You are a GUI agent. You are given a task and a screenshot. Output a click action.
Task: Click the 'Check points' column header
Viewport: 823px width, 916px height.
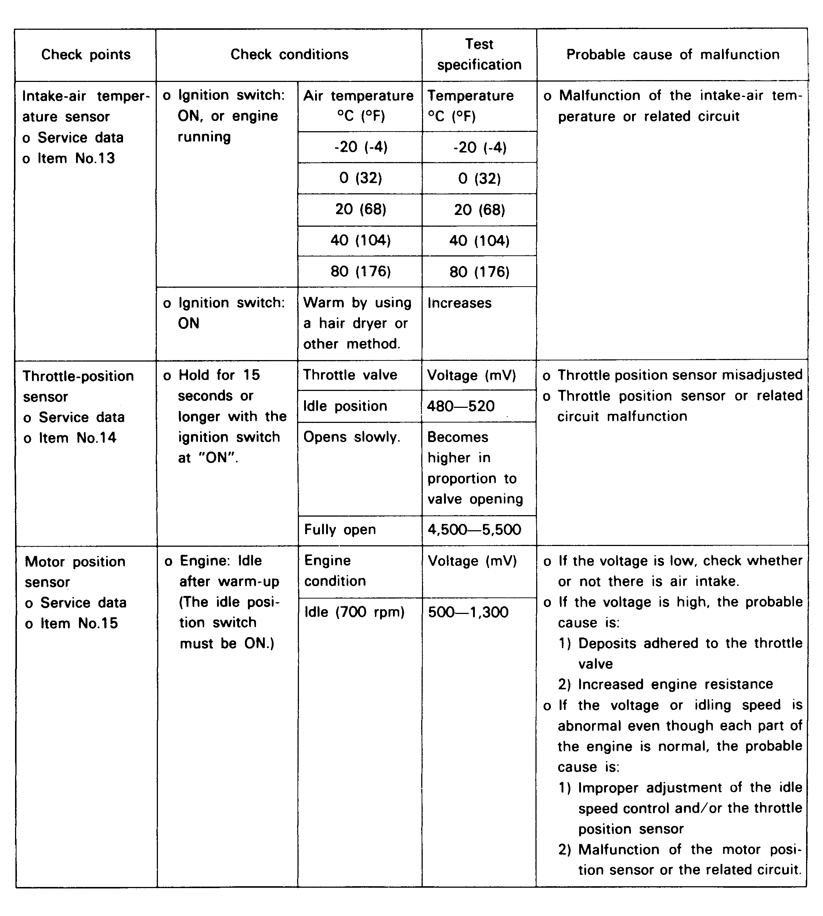pyautogui.click(x=86, y=55)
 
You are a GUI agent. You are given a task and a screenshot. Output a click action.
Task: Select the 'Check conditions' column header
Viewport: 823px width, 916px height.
pyautogui.click(x=289, y=55)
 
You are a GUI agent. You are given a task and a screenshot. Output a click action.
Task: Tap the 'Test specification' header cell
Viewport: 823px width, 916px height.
pyautogui.click(x=479, y=55)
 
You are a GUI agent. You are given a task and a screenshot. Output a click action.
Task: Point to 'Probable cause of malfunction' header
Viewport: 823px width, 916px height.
pyautogui.click(x=672, y=55)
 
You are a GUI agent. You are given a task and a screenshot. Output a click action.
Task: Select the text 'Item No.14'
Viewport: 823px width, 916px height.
pyautogui.click(x=77, y=438)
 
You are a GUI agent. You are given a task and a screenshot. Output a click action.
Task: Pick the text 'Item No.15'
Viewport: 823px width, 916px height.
pyautogui.click(x=79, y=623)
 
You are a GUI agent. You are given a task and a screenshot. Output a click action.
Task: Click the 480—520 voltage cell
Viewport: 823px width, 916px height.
pyautogui.click(x=461, y=406)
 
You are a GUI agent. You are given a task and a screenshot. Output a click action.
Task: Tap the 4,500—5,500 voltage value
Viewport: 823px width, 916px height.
pyautogui.click(x=474, y=530)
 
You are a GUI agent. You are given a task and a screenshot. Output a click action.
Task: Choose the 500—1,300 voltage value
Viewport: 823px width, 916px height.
pyautogui.click(x=468, y=613)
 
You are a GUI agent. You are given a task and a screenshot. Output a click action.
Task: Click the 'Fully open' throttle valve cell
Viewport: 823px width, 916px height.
pyautogui.click(x=340, y=530)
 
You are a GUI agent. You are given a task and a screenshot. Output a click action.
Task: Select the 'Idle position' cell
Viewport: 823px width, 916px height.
pyautogui.click(x=345, y=406)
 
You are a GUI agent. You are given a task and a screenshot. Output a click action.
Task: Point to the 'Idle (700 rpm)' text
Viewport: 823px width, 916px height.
pyautogui.click(x=354, y=613)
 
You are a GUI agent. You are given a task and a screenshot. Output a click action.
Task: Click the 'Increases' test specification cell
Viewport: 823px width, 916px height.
pyautogui.click(x=459, y=303)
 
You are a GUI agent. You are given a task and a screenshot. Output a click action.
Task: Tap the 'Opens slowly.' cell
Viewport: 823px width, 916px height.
pyautogui.click(x=351, y=437)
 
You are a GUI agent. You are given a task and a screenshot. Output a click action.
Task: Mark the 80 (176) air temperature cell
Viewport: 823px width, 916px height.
pyautogui.click(x=360, y=272)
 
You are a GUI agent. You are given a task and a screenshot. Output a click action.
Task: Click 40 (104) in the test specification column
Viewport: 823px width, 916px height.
pyautogui.click(x=479, y=241)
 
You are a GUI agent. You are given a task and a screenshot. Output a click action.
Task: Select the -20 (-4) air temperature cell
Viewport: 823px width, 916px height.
pyautogui.click(x=360, y=147)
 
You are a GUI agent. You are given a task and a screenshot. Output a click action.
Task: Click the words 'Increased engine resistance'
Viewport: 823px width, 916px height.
pyautogui.click(x=675, y=685)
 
